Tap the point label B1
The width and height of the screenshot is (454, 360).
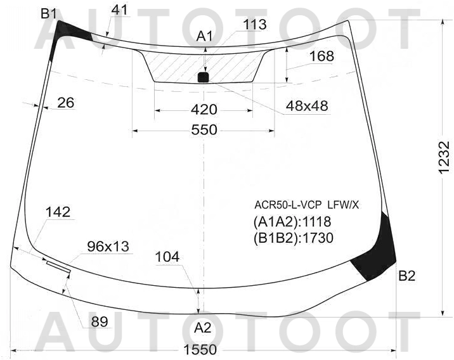[48, 13]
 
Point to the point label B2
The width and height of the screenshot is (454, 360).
[407, 276]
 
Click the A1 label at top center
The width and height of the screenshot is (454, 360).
[204, 37]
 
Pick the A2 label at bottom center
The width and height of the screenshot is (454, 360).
[203, 328]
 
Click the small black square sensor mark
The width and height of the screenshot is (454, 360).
[204, 77]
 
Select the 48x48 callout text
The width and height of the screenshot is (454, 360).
[307, 106]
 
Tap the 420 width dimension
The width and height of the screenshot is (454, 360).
[204, 110]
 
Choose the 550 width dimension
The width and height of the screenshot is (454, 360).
[204, 130]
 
